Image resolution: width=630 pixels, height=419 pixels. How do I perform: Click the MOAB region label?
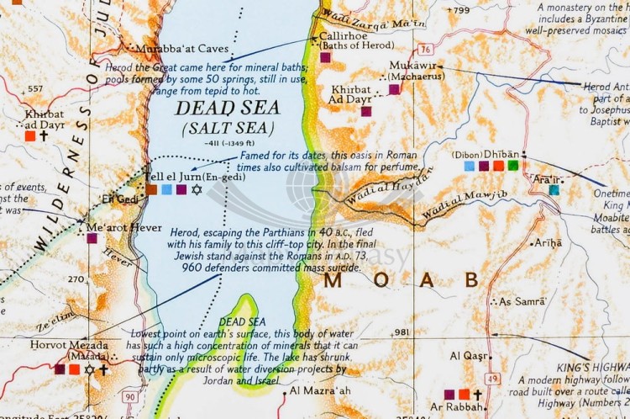pos(402,280)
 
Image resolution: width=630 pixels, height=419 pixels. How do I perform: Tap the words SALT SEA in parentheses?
pos(228,128)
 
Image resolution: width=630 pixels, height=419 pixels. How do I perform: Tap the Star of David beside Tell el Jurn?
pos(197,189)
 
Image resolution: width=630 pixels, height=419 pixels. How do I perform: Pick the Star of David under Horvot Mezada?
pos(89,369)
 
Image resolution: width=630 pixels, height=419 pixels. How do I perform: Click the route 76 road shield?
pos(427,49)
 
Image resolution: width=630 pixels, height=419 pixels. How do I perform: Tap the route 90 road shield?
pos(130,395)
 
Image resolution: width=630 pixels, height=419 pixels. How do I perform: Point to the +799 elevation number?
pos(459,10)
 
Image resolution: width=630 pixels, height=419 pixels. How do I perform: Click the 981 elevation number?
pos(401,332)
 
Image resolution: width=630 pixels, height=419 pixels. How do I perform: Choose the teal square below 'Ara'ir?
pos(554,190)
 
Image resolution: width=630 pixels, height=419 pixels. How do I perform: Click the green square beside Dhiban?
pos(512,166)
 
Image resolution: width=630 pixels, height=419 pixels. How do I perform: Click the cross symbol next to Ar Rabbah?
pos(477,394)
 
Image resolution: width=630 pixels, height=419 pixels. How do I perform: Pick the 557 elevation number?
pos(35,88)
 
